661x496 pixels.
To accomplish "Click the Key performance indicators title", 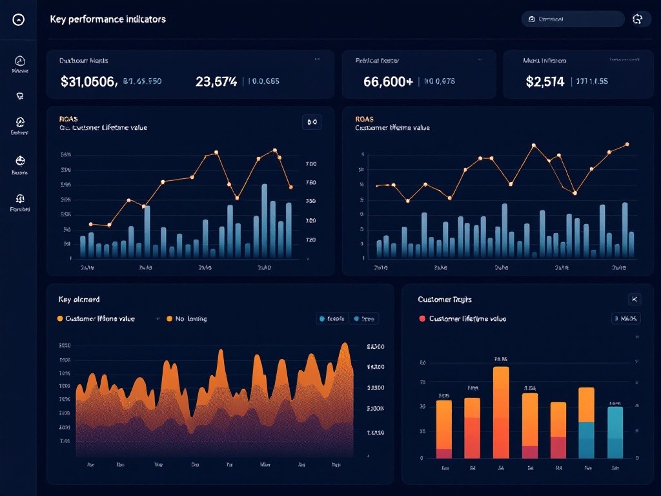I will coord(108,19).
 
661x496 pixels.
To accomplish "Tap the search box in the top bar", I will coord(573,19).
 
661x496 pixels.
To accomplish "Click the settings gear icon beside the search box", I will coord(638,19).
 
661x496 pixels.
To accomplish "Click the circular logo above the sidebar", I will coord(19,20).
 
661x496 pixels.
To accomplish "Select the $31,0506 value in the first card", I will coord(88,81).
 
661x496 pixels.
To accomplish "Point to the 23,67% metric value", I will coord(216,81).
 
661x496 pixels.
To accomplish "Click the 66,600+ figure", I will coord(388,81).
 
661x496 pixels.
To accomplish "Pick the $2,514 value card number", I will coord(545,81).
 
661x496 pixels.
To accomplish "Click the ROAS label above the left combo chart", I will coord(67,119).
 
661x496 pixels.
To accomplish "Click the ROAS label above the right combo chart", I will coord(364,119).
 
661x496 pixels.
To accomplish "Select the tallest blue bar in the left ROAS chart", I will coord(265,220).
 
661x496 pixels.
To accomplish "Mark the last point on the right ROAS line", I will coord(627,145).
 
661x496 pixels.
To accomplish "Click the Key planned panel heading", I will coord(79,300).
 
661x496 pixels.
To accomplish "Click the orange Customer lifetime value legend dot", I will coord(61,318).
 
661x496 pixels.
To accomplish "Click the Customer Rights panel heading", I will coord(445,300).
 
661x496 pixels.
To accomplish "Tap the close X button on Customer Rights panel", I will coord(635,299).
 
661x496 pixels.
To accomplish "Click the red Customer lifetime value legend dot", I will coord(422,318).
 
